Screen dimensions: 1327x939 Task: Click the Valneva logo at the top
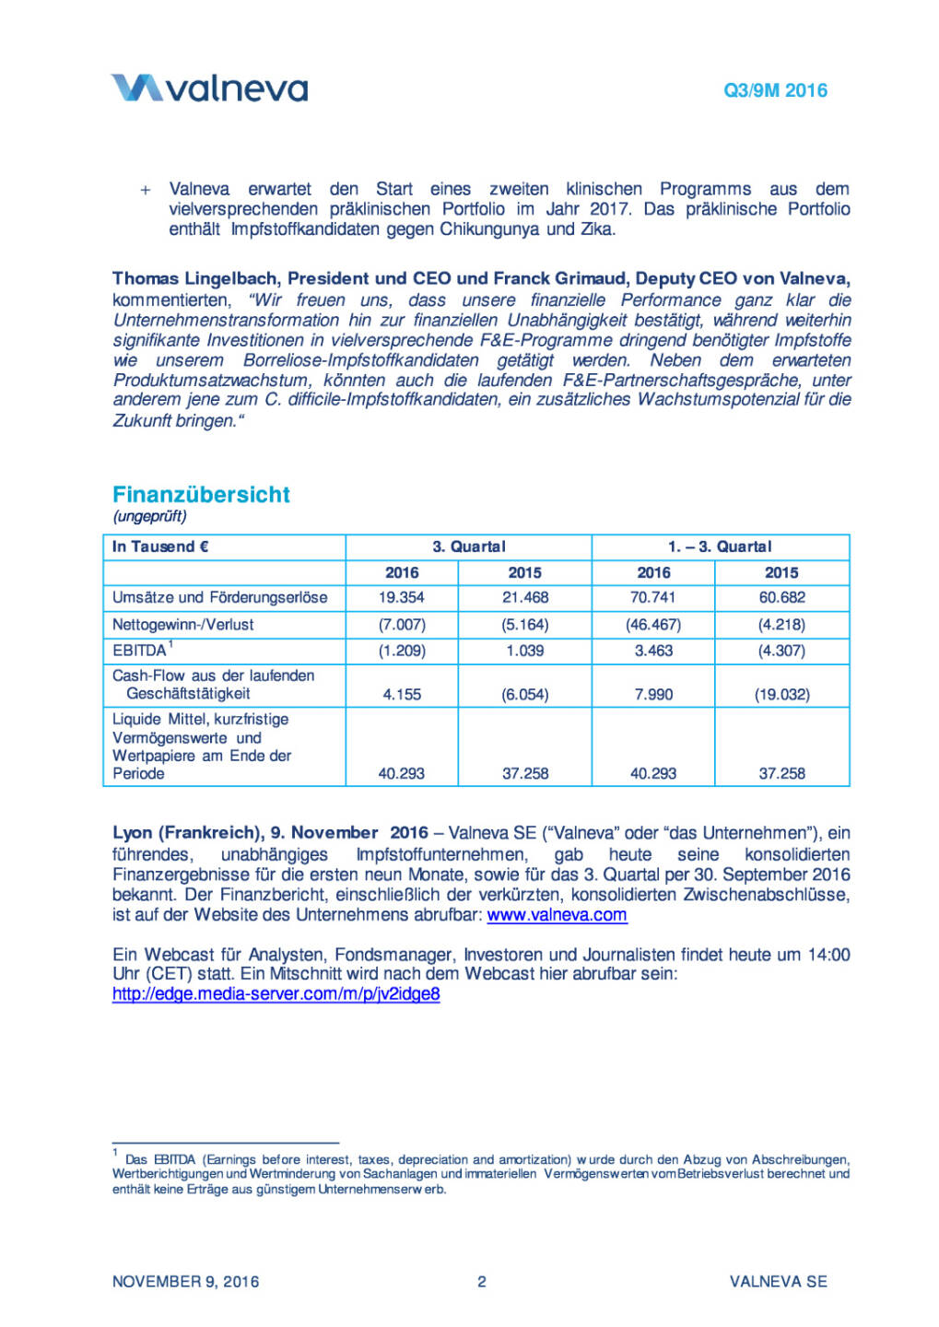pyautogui.click(x=209, y=88)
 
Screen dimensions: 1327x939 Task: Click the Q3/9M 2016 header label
pyautogui.click(x=775, y=90)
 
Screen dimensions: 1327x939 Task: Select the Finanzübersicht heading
pyautogui.click(x=201, y=495)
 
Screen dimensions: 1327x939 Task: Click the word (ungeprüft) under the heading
pyautogui.click(x=149, y=516)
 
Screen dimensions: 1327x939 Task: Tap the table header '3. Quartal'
pyautogui.click(x=469, y=546)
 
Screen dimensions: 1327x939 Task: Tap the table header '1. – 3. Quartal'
pyautogui.click(x=720, y=546)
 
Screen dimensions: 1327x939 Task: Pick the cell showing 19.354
pyautogui.click(x=402, y=597)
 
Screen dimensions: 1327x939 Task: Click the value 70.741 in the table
pyautogui.click(x=653, y=597)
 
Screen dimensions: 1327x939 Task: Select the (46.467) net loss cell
pyautogui.click(x=653, y=624)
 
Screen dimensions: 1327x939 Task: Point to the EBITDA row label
pyautogui.click(x=140, y=651)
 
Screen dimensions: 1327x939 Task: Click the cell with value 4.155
pyautogui.click(x=402, y=694)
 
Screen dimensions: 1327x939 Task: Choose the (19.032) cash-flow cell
pyautogui.click(x=781, y=694)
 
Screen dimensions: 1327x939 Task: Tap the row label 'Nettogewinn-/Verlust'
pyautogui.click(x=182, y=624)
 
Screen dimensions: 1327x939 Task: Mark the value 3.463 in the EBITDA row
pyautogui.click(x=653, y=651)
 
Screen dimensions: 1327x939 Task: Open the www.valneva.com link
pyautogui.click(x=557, y=915)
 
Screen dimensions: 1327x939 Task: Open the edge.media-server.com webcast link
pyautogui.click(x=276, y=993)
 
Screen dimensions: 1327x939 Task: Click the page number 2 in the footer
pyautogui.click(x=481, y=1281)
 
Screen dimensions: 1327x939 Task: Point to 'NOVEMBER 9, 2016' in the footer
pyautogui.click(x=185, y=1281)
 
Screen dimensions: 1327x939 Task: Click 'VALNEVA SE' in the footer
pyautogui.click(x=778, y=1281)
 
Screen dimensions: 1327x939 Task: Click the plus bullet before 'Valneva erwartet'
pyautogui.click(x=146, y=190)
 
